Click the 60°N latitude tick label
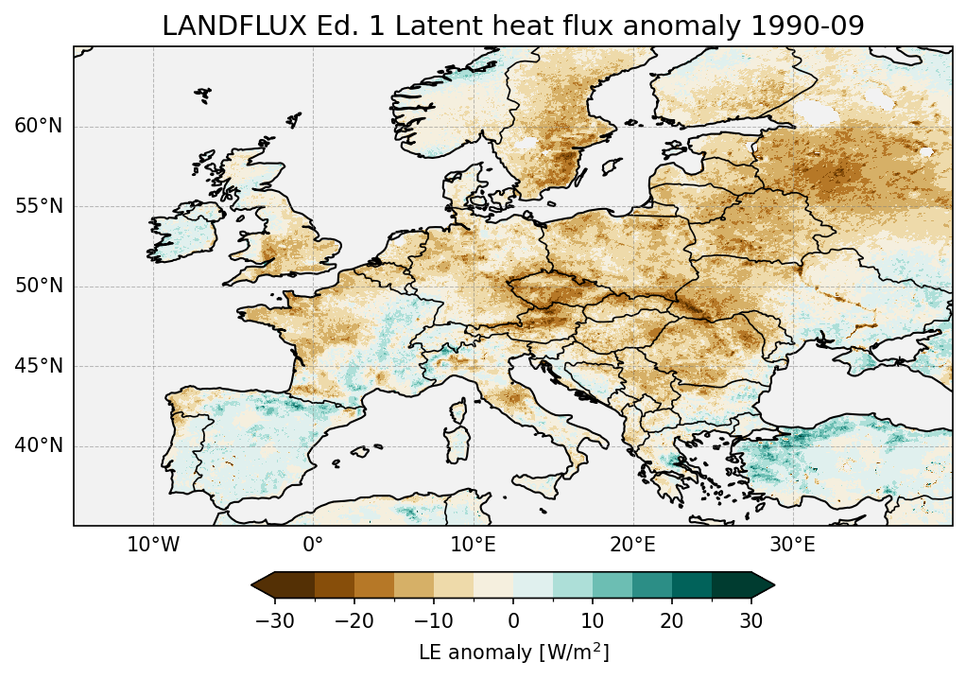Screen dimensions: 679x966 pyautogui.click(x=38, y=127)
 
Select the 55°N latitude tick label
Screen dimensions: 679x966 pyautogui.click(x=38, y=206)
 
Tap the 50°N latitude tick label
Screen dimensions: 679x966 pyautogui.click(x=38, y=286)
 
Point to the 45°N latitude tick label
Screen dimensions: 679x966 pyautogui.click(x=38, y=366)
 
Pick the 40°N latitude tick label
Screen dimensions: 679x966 pyautogui.click(x=38, y=445)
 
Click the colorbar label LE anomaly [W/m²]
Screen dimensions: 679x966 pyautogui.click(x=513, y=653)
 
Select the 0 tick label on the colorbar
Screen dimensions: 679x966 pyautogui.click(x=513, y=620)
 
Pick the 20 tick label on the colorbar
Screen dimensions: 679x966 pyautogui.click(x=672, y=620)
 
